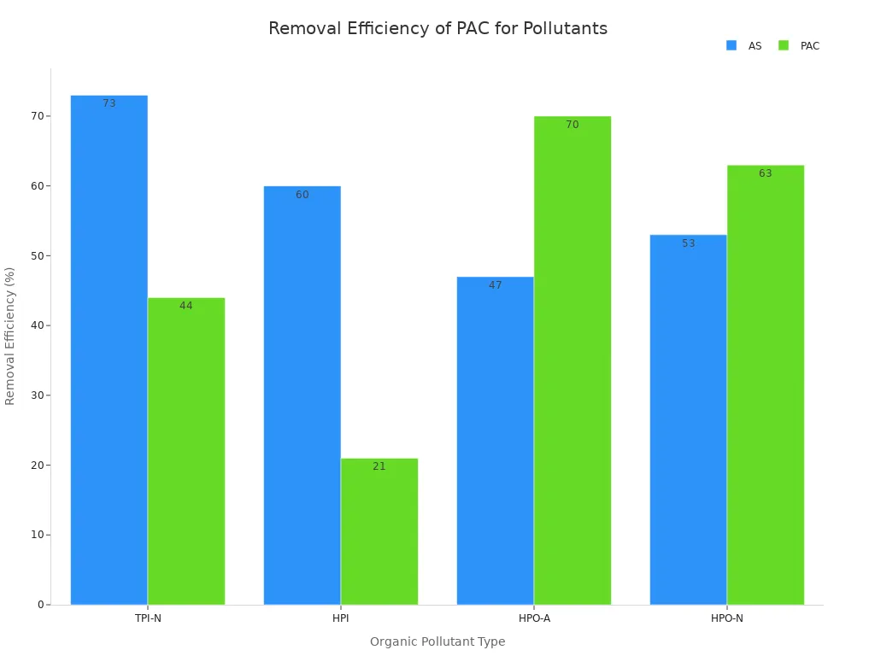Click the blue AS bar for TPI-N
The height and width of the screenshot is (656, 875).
(109, 350)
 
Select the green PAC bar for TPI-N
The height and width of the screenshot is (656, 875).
(186, 451)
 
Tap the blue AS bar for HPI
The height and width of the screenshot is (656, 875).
(302, 395)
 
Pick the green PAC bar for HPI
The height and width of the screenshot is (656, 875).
(379, 531)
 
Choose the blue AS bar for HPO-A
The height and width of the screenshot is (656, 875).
(495, 441)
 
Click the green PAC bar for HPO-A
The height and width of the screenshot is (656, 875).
(573, 360)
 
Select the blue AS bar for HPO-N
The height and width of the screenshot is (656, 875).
(688, 419)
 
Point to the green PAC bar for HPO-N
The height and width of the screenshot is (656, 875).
(766, 384)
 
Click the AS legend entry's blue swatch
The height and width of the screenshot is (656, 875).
(731, 45)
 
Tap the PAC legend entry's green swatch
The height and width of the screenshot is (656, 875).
(784, 45)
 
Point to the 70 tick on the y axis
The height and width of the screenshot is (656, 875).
(38, 116)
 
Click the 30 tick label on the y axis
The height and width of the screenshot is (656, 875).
(38, 395)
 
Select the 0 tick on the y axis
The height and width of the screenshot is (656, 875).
(40, 605)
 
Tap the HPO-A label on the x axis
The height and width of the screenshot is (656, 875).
(534, 618)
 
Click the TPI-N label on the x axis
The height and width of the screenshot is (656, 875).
(148, 618)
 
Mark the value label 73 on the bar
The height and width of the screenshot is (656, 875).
(109, 103)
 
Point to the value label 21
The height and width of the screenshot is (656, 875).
(379, 466)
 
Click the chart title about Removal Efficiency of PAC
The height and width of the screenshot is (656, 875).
(437, 29)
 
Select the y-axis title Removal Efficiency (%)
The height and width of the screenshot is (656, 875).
(10, 336)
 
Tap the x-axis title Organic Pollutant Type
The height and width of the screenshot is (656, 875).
(437, 641)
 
